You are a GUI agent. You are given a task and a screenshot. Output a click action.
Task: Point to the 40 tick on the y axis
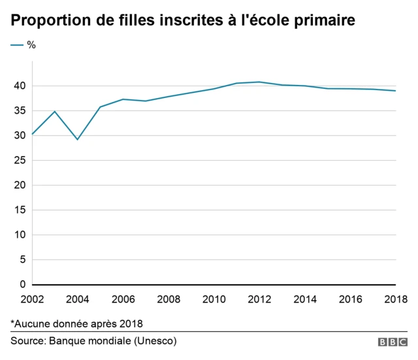click(20, 86)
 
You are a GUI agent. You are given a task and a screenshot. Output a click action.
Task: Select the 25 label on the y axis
click(20, 160)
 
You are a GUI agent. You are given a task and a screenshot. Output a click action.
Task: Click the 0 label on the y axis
click(22, 284)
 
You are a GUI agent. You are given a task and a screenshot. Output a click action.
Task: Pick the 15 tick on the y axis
click(20, 210)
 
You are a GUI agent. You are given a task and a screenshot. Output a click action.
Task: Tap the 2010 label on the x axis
click(214, 299)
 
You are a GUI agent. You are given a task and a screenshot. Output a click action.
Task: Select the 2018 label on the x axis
click(395, 299)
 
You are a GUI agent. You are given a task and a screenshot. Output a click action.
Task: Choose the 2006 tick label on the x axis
click(123, 299)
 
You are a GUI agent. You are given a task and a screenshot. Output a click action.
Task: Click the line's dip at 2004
click(77, 139)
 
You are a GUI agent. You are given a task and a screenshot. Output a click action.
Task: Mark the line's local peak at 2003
click(55, 111)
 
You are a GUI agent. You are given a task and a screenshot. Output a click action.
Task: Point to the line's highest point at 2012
click(259, 82)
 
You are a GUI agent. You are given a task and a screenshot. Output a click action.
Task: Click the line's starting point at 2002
click(32, 134)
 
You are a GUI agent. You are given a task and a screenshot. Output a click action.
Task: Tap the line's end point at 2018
click(396, 91)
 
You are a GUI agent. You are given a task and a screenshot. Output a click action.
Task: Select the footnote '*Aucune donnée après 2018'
click(76, 323)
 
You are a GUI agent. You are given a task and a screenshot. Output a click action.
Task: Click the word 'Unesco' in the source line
click(156, 341)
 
